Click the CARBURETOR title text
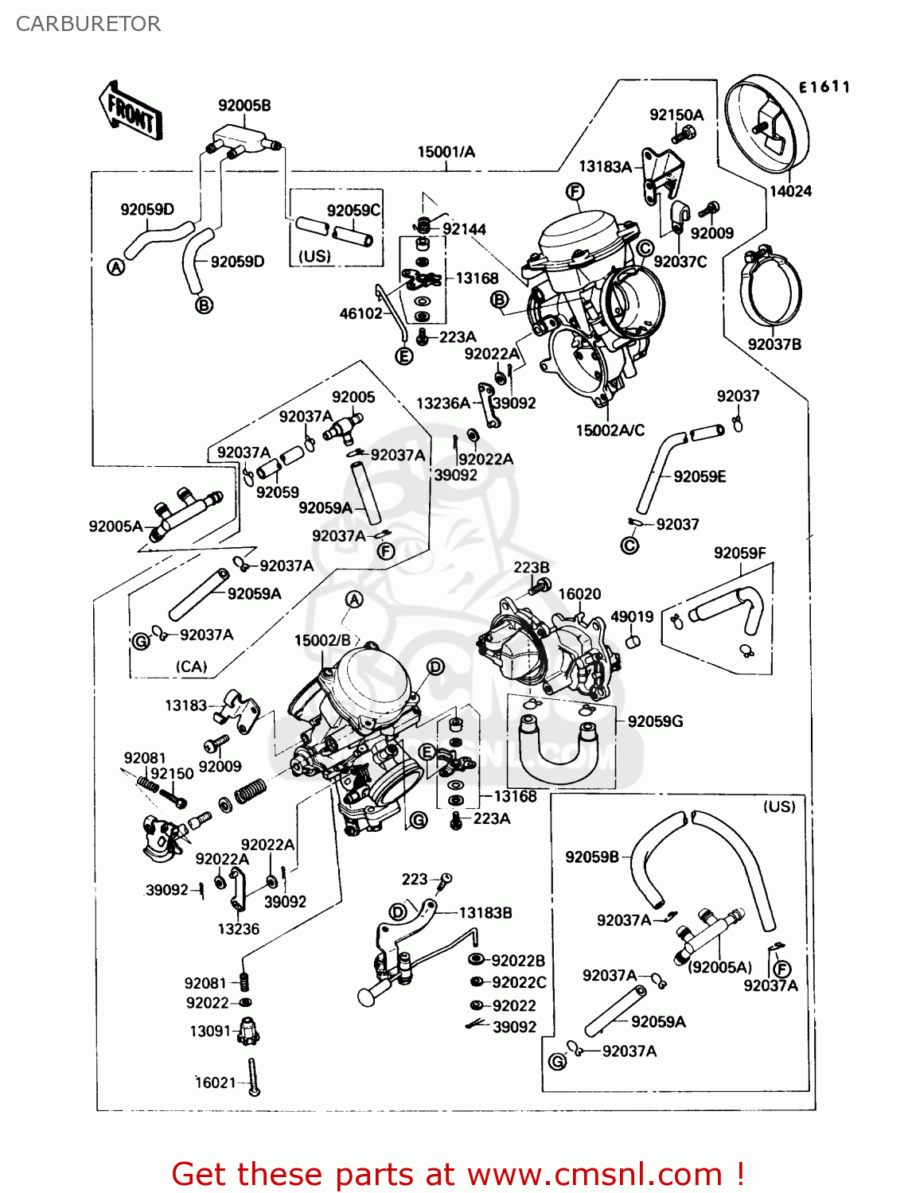88,24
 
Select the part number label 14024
789,191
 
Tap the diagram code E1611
824,87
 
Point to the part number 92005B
244,105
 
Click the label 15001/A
446,152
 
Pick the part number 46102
361,313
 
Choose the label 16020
579,594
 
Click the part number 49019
632,616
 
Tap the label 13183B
485,913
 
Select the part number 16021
216,1082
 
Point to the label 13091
210,1031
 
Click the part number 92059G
655,721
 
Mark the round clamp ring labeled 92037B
771,290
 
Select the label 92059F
739,553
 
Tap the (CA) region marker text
191,666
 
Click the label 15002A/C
610,430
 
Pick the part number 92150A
676,115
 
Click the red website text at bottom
458,1174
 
